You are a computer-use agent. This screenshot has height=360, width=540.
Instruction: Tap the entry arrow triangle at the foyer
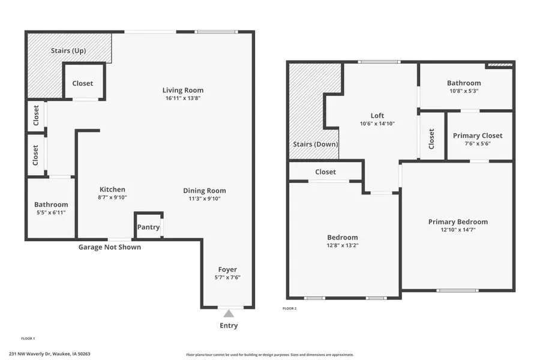228,313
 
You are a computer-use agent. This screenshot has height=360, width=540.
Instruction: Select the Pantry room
148,227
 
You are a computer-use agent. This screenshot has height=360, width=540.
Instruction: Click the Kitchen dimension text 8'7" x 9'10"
112,197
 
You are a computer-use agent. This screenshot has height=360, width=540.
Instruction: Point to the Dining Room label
204,191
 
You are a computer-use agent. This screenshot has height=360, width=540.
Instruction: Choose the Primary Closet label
478,136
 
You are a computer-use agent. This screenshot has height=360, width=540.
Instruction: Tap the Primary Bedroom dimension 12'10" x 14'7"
458,229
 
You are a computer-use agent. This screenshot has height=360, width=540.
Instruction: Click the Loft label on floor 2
377,116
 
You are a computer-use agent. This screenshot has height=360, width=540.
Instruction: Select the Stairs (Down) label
315,145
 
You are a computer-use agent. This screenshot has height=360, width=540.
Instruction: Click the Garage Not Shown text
110,247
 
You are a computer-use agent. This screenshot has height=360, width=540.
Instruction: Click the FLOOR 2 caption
289,308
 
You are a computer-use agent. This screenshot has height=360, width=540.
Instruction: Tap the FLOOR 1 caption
28,338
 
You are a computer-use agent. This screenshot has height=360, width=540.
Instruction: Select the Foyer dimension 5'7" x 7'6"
227,277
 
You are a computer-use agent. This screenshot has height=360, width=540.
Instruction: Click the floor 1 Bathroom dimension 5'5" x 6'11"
51,212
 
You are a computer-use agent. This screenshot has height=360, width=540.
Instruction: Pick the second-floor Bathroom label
464,83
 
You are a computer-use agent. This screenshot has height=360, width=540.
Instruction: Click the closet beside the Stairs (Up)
83,83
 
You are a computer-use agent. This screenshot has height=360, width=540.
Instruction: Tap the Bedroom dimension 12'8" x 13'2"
343,245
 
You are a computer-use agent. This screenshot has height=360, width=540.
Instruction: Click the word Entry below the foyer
228,326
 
